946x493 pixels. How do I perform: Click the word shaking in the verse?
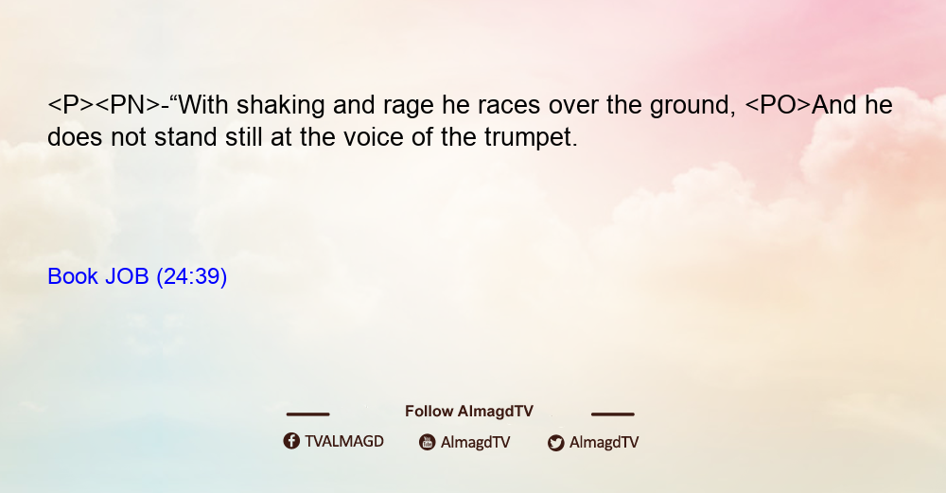tap(281, 106)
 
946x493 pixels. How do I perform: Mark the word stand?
tap(185, 137)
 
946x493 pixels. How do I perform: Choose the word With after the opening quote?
tap(202, 105)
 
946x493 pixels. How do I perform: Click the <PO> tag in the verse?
tap(778, 105)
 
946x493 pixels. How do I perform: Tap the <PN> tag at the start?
tap(129, 105)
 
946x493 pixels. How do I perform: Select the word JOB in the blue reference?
tap(127, 276)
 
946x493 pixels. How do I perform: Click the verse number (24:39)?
tap(192, 277)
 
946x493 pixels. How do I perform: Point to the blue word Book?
tap(73, 276)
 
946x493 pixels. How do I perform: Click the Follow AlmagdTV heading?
tap(469, 412)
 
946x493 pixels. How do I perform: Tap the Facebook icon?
tap(291, 441)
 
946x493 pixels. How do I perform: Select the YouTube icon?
tap(428, 442)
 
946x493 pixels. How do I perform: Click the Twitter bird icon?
tap(556, 443)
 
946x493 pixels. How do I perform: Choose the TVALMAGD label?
tap(344, 442)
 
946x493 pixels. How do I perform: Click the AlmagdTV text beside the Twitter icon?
tap(604, 443)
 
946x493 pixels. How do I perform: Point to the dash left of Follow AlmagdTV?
tap(307, 414)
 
